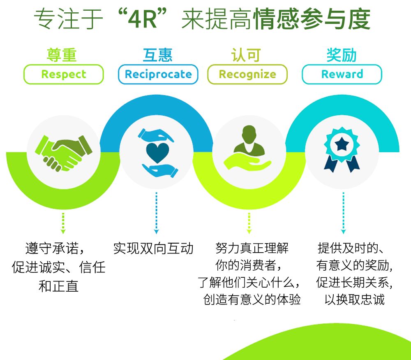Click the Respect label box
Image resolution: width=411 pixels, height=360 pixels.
pyautogui.click(x=64, y=74)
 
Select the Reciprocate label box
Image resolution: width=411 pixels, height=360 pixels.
pyautogui.click(x=158, y=74)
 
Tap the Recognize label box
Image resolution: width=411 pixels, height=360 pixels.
pyautogui.click(x=247, y=74)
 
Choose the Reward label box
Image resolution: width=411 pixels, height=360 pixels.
pyautogui.click(x=342, y=74)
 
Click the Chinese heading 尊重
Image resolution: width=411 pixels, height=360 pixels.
pyautogui.click(x=62, y=55)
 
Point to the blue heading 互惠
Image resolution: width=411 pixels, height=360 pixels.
pyautogui.click(x=158, y=55)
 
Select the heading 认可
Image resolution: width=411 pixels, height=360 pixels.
pyautogui.click(x=246, y=55)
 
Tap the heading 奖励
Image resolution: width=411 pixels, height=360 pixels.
pyautogui.click(x=342, y=55)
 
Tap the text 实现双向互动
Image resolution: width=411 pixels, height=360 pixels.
pyautogui.click(x=153, y=249)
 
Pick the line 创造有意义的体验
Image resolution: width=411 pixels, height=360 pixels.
pyautogui.click(x=252, y=299)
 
